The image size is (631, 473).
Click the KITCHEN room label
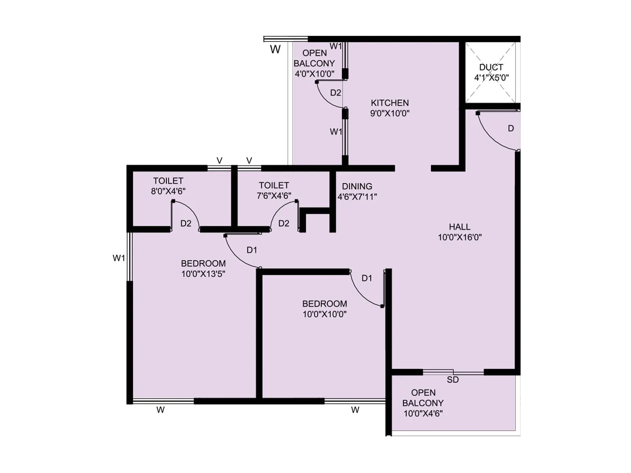(x=390, y=103)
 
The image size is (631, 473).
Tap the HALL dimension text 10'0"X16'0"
(x=459, y=237)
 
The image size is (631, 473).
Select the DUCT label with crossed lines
(x=491, y=67)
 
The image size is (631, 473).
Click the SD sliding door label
(x=453, y=380)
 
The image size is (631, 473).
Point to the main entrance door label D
(x=511, y=128)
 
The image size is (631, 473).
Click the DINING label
(x=357, y=186)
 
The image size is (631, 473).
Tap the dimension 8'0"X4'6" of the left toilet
(x=168, y=191)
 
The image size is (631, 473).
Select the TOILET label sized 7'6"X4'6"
(x=274, y=185)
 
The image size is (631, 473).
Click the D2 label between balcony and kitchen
(x=336, y=93)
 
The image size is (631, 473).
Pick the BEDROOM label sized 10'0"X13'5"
(x=203, y=264)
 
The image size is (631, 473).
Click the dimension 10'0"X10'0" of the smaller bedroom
(x=325, y=314)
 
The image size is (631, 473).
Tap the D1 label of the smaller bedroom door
(x=367, y=278)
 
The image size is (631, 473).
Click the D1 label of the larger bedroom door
(x=252, y=250)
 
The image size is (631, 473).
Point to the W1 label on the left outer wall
(x=119, y=258)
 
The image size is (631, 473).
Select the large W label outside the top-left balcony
(x=275, y=50)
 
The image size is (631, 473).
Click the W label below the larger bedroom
(x=161, y=410)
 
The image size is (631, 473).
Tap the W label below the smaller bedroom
(x=355, y=410)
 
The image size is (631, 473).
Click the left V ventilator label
(x=219, y=161)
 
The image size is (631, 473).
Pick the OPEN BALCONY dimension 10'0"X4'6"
(x=423, y=413)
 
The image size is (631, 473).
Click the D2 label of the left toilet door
(x=186, y=223)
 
